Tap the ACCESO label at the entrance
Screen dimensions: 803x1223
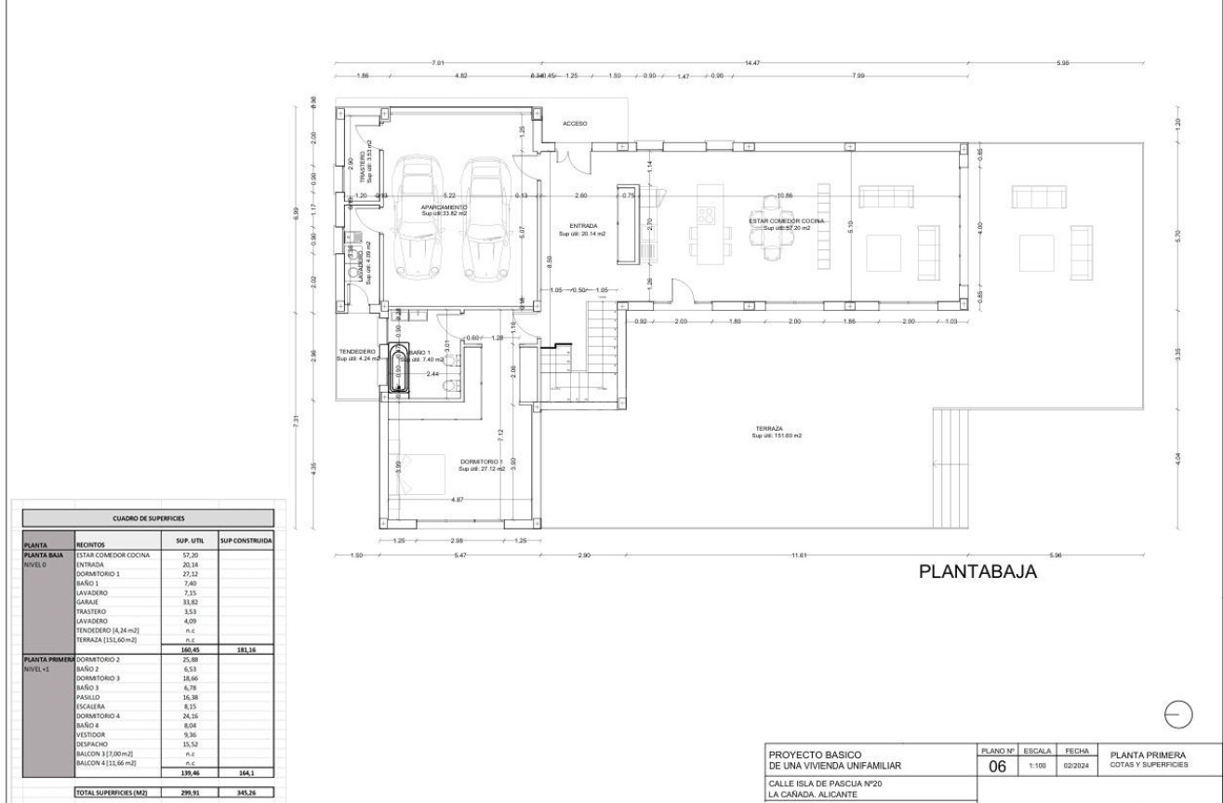[x=575, y=123]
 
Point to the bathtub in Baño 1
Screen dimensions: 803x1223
[x=399, y=370]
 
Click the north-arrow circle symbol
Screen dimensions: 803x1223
[x=1177, y=711]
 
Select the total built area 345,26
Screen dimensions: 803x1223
[x=245, y=794]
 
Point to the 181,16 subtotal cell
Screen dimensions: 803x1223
[x=245, y=649]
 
